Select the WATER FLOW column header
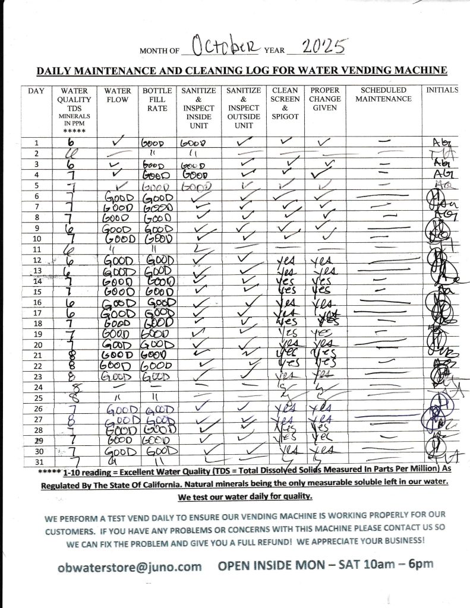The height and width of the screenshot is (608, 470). [117, 94]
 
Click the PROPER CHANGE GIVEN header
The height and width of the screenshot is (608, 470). [324, 99]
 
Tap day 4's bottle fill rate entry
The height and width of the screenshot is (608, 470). [157, 175]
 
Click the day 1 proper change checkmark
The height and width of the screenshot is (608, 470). [323, 142]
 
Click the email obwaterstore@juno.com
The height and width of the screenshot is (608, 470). [130, 566]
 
